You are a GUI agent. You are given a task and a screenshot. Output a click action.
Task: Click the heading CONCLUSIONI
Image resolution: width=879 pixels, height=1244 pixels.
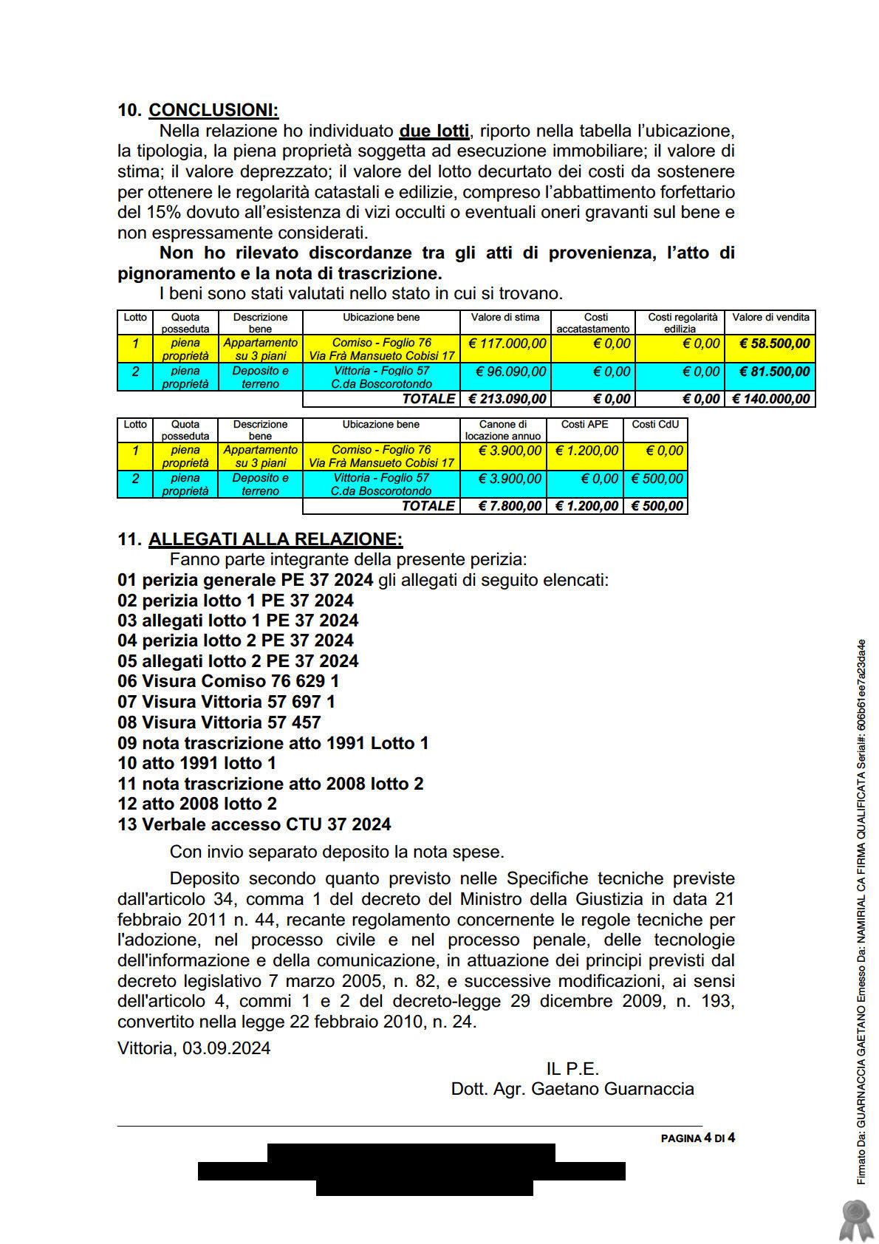pos(213,110)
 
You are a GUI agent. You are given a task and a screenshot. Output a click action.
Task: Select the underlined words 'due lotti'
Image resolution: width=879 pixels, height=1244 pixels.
pos(434,131)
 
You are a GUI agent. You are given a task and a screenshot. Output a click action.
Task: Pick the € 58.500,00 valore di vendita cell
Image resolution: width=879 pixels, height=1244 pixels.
pos(770,344)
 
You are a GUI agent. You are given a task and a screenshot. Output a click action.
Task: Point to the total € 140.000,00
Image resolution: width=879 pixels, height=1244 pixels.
pos(770,399)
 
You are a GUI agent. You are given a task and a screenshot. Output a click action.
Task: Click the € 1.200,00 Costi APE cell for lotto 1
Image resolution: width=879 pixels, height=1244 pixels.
pos(586,451)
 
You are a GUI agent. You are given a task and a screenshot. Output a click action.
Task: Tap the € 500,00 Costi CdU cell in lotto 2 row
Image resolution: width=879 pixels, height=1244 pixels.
pos(654,479)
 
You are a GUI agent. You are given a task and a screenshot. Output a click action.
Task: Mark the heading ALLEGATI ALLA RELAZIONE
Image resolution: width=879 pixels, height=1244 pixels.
pos(276,539)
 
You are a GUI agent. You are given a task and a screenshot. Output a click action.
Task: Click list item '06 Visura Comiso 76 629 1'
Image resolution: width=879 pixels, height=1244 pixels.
pos(228,681)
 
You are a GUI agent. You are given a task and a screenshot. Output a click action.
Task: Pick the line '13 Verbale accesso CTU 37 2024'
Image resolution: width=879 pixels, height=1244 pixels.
pos(254,824)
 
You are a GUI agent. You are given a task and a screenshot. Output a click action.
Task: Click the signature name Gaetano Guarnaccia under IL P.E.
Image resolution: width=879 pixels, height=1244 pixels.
pos(612,1089)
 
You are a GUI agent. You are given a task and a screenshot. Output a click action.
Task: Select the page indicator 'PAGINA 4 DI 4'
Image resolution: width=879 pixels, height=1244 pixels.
pos(697,1138)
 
